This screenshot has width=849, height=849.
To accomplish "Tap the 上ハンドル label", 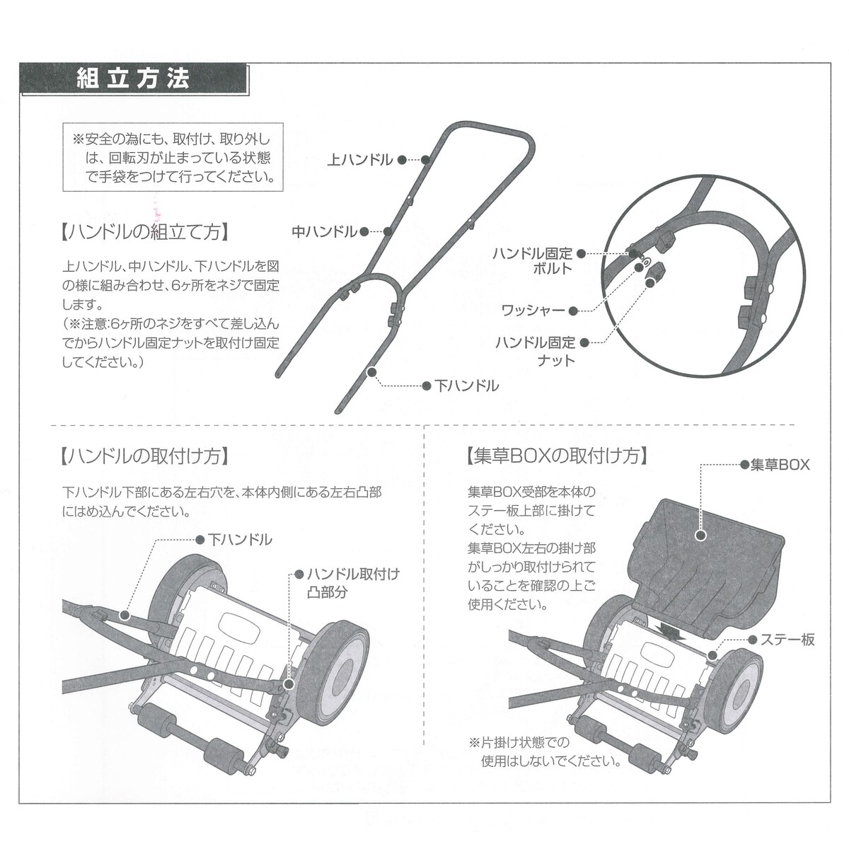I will click(x=360, y=160).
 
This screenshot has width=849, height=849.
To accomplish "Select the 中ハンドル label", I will click(x=325, y=231).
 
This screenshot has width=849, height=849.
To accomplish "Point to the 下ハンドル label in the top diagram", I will click(x=466, y=386).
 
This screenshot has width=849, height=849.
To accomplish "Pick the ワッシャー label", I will click(x=533, y=310).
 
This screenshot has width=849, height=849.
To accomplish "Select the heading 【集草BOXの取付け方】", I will click(x=557, y=456).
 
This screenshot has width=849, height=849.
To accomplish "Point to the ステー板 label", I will click(x=787, y=640).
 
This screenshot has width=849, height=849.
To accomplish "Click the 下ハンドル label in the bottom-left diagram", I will click(x=239, y=540).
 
